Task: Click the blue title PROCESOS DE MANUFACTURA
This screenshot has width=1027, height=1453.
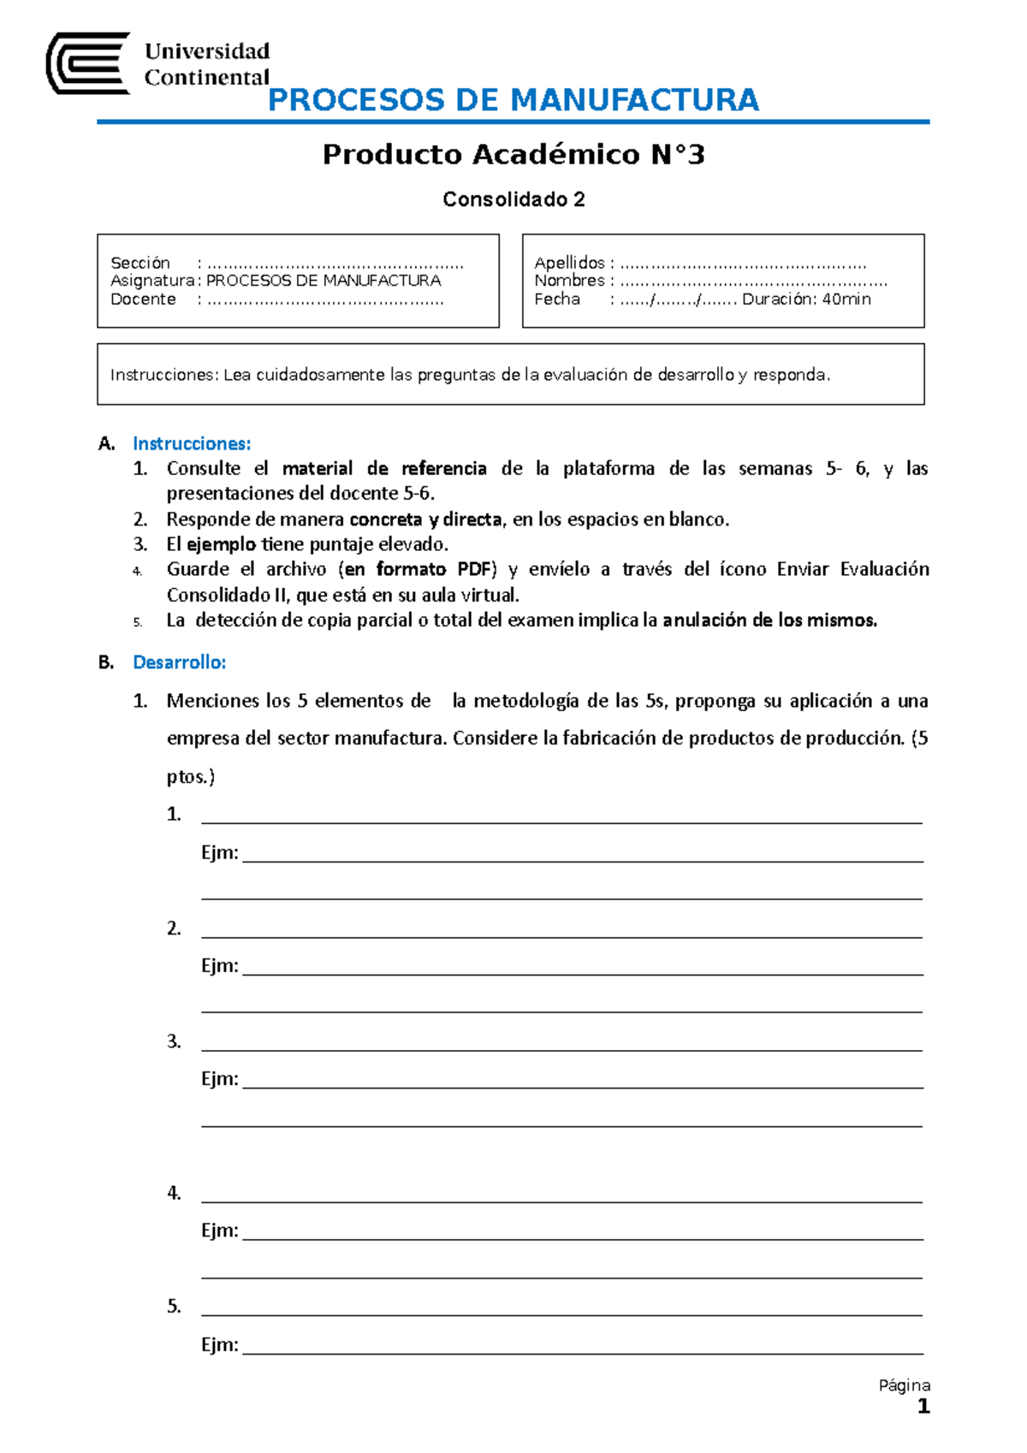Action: point(513,100)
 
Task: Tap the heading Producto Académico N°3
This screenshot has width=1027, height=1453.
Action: point(513,155)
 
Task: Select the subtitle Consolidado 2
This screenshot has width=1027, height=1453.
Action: point(513,199)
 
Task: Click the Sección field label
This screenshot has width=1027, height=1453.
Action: point(140,263)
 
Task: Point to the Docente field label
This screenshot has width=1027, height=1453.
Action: point(143,299)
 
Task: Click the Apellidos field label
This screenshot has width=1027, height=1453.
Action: point(569,263)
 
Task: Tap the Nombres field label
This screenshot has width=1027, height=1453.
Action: point(569,281)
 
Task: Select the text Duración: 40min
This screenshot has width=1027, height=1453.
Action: point(806,299)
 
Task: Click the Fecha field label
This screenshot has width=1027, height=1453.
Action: point(557,299)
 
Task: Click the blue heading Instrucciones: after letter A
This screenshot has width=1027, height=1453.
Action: point(192,443)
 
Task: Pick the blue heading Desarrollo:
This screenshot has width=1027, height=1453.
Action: point(179,662)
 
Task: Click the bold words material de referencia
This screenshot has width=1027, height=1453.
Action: point(384,469)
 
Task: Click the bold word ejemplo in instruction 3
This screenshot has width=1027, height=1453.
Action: point(221,544)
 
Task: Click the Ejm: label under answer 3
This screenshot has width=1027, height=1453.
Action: point(219,1079)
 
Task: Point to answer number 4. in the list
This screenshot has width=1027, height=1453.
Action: point(174,1193)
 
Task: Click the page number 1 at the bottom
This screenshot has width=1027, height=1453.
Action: point(923,1407)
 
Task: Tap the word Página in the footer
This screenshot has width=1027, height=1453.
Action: point(904,1385)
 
